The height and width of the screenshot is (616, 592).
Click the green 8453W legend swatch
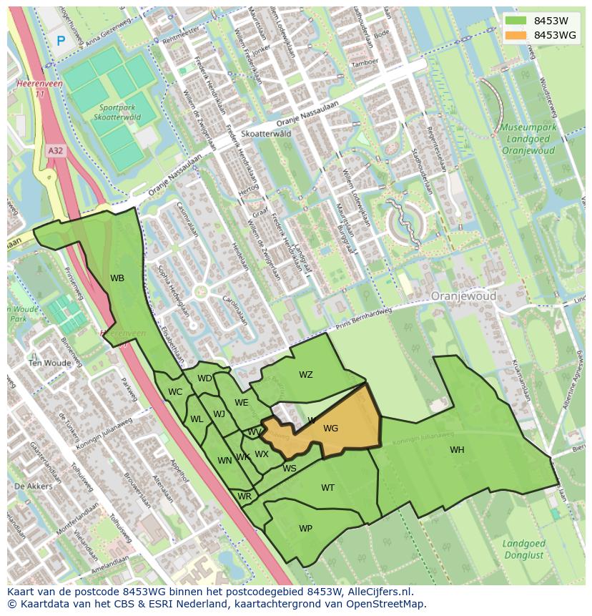(515, 21)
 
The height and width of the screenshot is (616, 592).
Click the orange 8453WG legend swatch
(515, 35)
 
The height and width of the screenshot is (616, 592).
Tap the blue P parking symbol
(61, 41)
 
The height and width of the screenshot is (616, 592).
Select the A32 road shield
(55, 151)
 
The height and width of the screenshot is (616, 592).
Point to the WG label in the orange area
(330, 429)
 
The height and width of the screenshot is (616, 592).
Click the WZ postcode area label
(306, 375)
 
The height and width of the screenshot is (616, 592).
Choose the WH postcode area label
(457, 450)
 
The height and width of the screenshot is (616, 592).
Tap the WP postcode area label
(305, 529)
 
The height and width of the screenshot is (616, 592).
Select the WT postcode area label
(327, 488)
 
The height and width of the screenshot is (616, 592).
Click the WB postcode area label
(117, 278)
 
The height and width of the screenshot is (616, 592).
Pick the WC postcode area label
(175, 391)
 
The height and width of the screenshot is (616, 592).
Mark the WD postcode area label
(204, 378)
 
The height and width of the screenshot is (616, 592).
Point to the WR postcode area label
(245, 497)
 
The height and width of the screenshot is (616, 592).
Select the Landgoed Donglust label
(524, 549)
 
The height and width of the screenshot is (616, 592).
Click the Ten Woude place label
(49, 363)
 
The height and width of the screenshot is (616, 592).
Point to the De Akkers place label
(33, 486)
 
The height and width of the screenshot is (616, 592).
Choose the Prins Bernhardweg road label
(365, 315)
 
